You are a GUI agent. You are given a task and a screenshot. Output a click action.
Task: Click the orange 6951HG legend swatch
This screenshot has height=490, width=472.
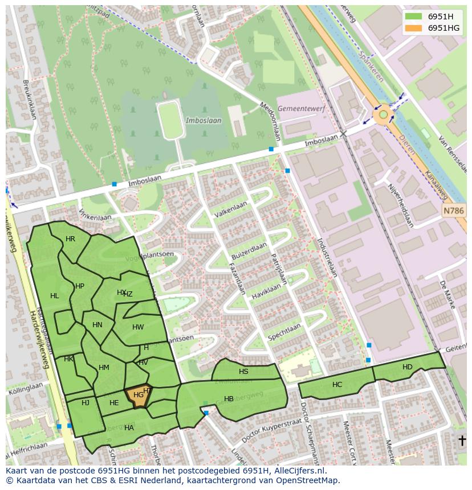tap(413, 28)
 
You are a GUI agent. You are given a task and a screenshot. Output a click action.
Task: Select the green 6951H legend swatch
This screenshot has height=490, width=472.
tap(413, 17)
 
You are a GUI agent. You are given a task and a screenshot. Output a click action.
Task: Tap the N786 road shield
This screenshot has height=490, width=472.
tap(454, 211)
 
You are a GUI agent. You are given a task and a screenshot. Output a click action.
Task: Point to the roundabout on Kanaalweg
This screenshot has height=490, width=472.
tap(384, 115)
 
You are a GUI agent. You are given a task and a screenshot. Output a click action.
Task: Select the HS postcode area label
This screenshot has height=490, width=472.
tap(243, 372)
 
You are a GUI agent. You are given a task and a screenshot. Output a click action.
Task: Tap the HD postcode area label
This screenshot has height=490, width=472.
tap(407, 367)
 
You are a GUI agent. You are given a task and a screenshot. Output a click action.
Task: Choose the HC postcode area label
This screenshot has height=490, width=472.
tap(337, 385)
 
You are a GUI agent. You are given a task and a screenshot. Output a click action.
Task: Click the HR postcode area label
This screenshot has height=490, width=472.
tap(70, 239)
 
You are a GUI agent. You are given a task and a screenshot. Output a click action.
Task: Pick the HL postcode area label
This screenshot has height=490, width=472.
tap(54, 296)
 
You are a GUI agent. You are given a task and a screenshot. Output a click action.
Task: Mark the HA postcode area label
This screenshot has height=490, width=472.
tap(129, 428)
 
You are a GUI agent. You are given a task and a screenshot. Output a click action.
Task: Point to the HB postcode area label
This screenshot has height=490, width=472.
tap(229, 399)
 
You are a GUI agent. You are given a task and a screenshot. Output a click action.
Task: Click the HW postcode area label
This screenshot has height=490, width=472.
tap(138, 327)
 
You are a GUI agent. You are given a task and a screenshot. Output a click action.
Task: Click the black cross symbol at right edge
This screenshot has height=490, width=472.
tap(462, 440)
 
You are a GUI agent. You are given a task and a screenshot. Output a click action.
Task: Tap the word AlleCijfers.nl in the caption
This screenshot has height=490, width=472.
tap(299, 471)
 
